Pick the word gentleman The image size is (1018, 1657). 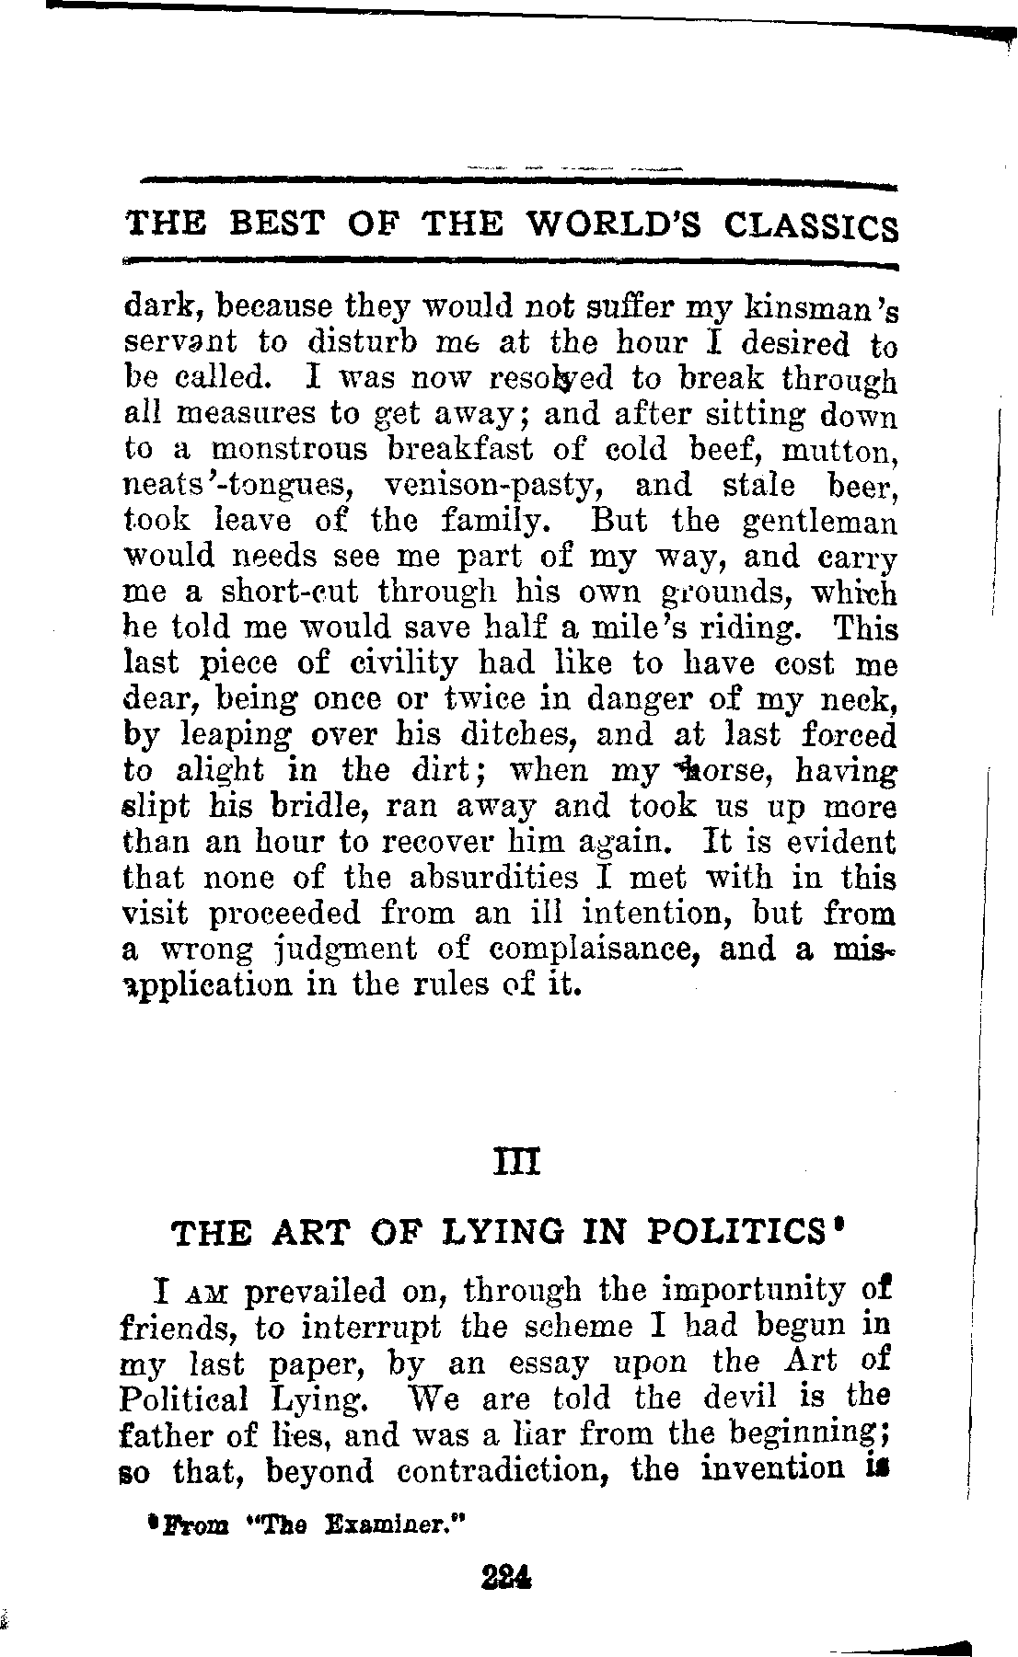[x=818, y=522]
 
